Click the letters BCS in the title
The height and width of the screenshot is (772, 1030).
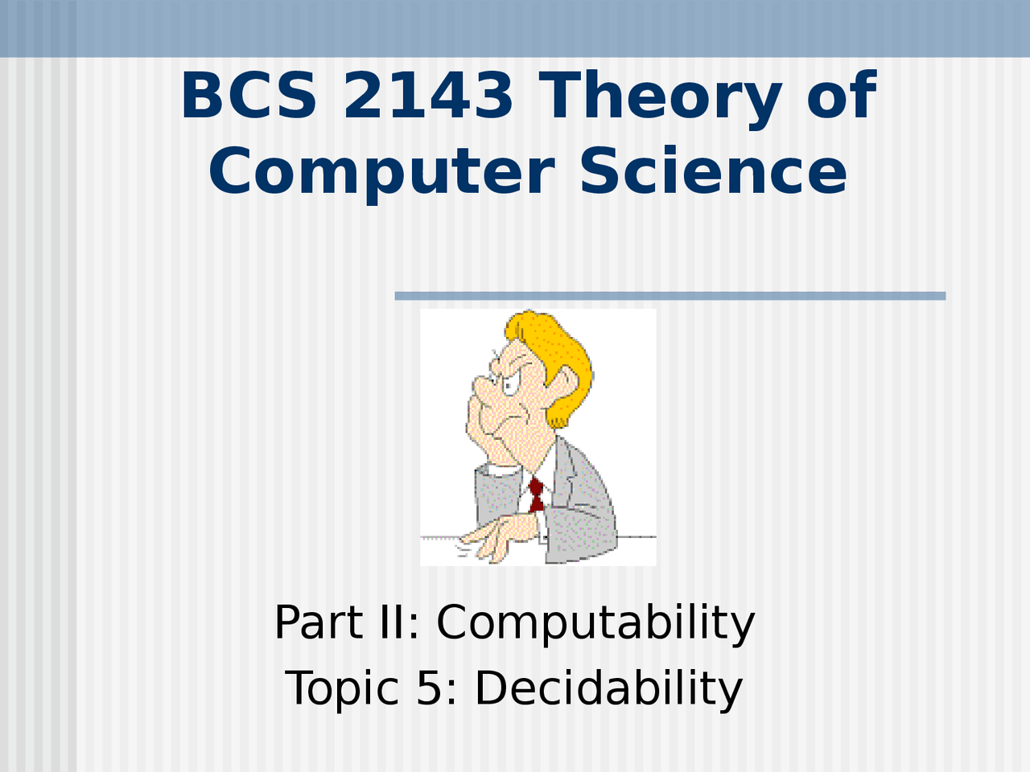[249, 95]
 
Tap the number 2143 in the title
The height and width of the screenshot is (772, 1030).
[428, 95]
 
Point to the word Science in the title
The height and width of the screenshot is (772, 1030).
[714, 170]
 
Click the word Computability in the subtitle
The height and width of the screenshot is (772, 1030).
[595, 624]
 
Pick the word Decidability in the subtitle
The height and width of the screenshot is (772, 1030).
[609, 689]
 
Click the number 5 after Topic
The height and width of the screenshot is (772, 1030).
[430, 688]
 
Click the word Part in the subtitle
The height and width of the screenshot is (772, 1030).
[319, 622]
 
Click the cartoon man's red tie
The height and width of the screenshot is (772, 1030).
[537, 495]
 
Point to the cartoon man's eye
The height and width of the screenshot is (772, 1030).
[509, 386]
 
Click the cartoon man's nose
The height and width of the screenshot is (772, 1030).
[484, 387]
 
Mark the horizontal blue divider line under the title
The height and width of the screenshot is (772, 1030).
[670, 296]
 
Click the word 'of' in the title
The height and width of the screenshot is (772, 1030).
[842, 95]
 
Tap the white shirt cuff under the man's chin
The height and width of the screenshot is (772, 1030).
[501, 469]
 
